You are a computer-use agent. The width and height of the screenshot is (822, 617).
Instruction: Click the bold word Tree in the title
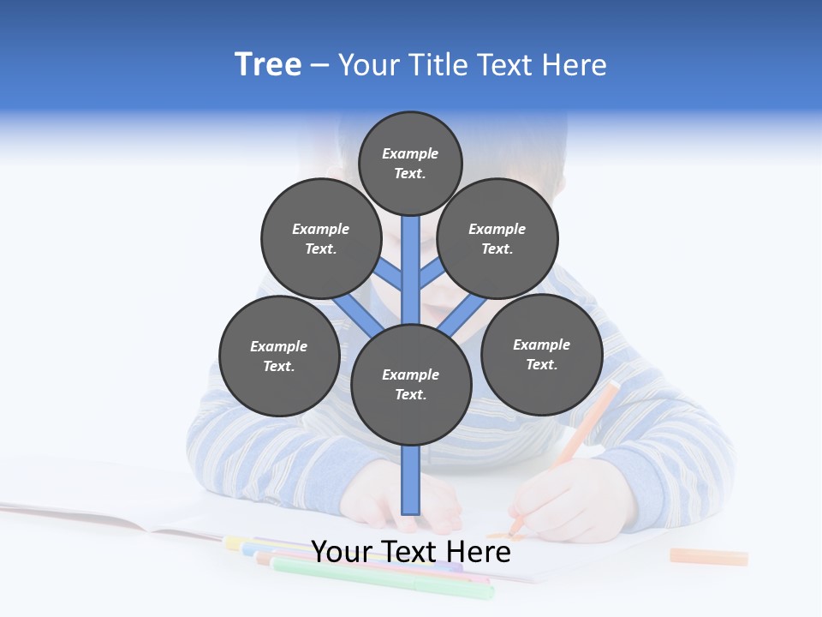[268, 64]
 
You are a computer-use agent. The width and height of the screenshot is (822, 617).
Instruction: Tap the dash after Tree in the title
[319, 66]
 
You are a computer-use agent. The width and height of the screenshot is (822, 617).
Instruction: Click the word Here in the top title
[576, 65]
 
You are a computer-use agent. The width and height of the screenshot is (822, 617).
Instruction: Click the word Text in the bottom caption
[413, 552]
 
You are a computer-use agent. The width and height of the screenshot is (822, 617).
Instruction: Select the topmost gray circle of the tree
[410, 163]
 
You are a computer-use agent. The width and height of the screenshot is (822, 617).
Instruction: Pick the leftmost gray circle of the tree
[279, 356]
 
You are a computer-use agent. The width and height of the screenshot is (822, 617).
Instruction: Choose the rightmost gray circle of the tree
[541, 354]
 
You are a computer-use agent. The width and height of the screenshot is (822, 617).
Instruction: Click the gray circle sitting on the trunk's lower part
[411, 384]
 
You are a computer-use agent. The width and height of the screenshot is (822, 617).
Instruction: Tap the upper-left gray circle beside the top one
[321, 238]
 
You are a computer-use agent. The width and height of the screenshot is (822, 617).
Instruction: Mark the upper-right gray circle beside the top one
[497, 238]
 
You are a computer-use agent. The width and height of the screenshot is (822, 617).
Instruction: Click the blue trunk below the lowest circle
[411, 480]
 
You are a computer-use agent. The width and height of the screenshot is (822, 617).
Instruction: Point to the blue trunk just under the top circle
[411, 257]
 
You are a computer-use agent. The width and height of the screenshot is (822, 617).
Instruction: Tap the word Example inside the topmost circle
[410, 153]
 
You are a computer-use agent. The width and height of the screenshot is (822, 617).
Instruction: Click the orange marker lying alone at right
[709, 557]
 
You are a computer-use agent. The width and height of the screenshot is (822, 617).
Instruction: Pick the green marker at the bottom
[385, 578]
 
